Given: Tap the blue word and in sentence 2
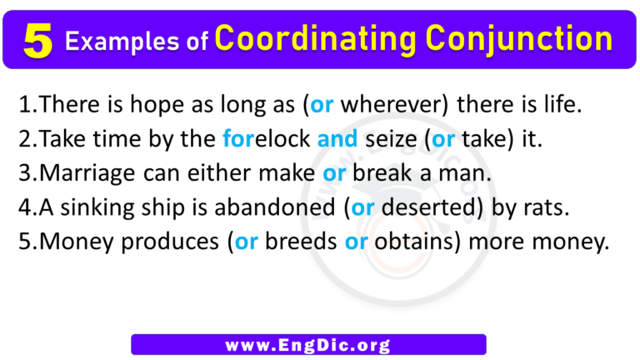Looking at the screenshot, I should pos(337,140).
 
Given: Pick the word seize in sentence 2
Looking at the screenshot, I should pos(392,140).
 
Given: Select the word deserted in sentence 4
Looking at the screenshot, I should pos(419,208).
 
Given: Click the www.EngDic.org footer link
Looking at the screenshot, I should pos(308,343).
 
